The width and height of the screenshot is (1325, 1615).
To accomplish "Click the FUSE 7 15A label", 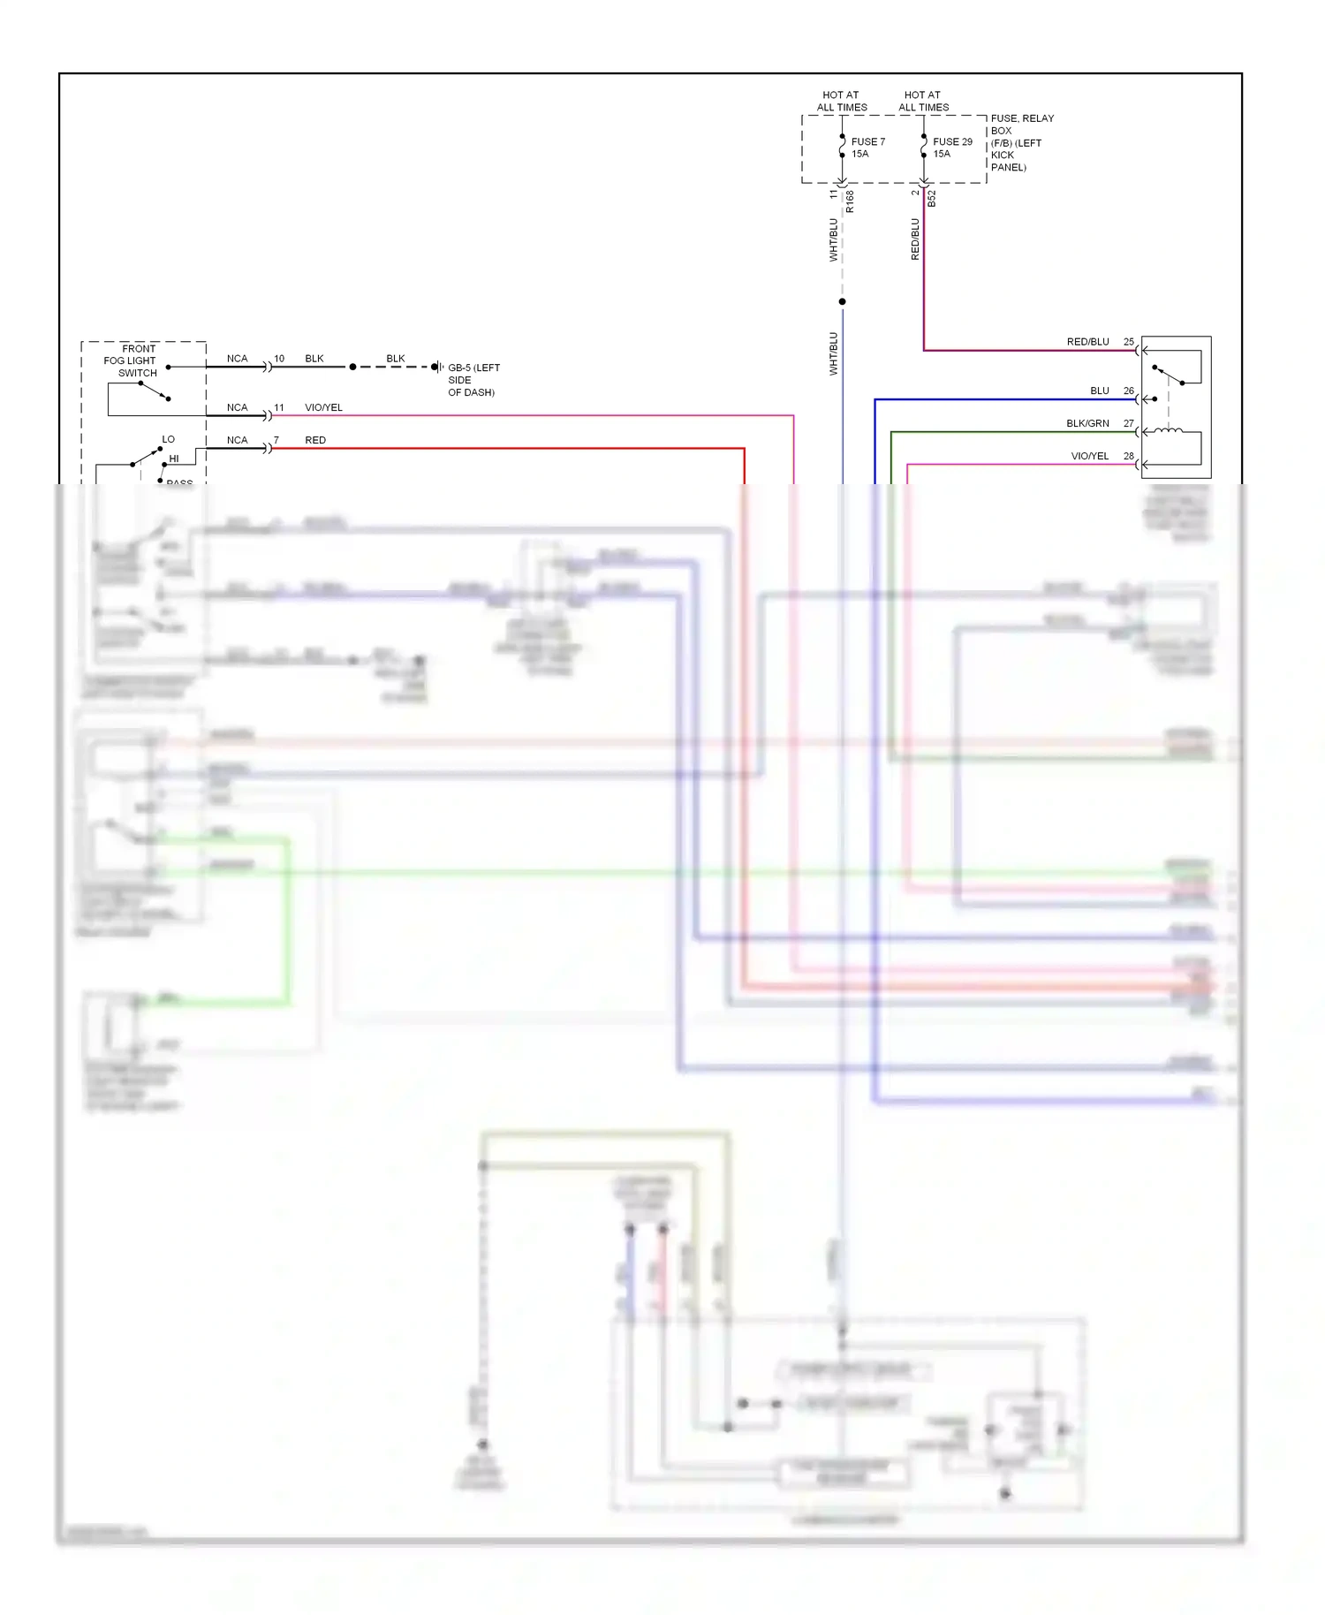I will coord(867,148).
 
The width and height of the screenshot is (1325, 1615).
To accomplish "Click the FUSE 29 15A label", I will coord(951,148).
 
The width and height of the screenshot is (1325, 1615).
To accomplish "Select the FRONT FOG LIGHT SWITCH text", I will coord(131,360).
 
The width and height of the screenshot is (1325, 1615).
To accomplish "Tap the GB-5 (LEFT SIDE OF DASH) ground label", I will coord(473,380).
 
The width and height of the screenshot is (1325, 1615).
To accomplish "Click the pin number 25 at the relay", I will coord(1128,342).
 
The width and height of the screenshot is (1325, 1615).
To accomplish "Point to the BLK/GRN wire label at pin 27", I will coord(1086,424).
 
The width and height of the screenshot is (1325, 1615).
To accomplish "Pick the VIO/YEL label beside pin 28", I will coord(1089,457).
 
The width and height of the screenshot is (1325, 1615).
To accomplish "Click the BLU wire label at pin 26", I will coord(1099,390).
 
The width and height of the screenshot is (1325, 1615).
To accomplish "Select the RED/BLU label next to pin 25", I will coord(1087,342).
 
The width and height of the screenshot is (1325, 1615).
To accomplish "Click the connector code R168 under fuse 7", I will coord(850,201).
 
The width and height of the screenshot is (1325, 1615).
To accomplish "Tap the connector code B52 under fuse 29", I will coord(932,199).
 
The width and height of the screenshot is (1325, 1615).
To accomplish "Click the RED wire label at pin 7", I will coord(315,440).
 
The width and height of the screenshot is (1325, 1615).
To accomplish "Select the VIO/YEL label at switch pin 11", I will coord(323,407).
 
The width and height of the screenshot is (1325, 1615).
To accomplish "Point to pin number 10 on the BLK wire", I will coord(279,359).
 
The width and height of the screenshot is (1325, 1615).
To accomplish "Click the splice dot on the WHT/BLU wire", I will coord(842,302).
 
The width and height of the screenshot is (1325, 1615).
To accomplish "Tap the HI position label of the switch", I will coord(174,459).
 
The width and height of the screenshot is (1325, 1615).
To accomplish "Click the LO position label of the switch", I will coord(168,439).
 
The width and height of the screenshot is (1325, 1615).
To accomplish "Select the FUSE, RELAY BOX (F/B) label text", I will coord(1021,142).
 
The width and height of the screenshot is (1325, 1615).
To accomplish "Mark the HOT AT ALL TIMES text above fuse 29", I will coord(923,101).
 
